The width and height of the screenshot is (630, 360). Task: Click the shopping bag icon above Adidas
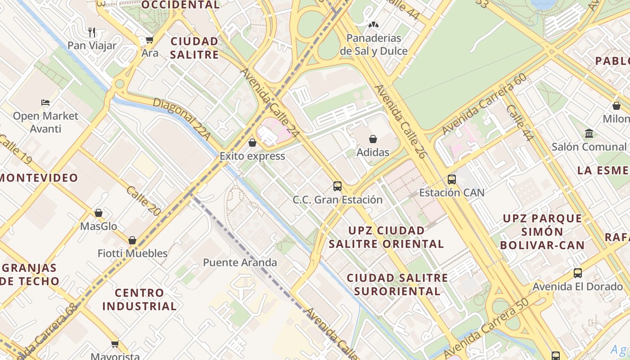coord(373,139)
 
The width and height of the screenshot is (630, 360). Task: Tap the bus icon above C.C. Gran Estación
coord(337,186)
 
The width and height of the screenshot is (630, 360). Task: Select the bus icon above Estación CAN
coord(451,180)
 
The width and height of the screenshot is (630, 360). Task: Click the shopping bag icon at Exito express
coord(252,143)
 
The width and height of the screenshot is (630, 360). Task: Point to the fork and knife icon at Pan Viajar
coord(92,32)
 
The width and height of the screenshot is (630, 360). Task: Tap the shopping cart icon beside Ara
coord(149,40)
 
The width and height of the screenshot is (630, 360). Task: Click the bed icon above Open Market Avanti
coord(45,103)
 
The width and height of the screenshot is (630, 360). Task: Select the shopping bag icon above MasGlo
coord(98,213)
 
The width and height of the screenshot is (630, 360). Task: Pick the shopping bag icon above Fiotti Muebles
coord(132,240)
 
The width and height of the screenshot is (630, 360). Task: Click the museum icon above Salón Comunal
coord(589,134)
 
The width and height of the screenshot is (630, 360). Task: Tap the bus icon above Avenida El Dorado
coord(577,273)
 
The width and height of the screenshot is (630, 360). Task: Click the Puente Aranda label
coord(240,262)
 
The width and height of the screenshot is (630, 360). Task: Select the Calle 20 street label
coord(144,201)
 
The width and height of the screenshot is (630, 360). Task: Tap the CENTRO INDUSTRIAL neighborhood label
coord(139,299)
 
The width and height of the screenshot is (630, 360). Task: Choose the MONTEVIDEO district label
coord(39,178)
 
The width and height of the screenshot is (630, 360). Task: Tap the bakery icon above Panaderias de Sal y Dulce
coord(373,25)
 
